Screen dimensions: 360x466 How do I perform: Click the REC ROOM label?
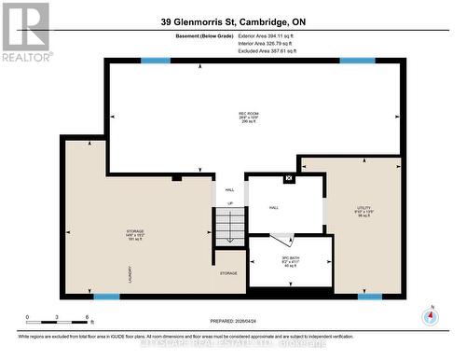tap(248, 117)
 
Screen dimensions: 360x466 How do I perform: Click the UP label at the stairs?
tap(230, 202)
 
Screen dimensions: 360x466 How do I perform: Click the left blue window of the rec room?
tap(156, 62)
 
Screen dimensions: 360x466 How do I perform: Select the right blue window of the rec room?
tap(357, 62)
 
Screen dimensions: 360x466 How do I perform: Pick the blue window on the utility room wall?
tap(370, 298)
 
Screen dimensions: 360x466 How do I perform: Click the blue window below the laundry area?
tap(106, 298)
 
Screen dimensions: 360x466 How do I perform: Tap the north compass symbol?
tap(430, 315)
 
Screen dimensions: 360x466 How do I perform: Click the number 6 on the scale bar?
tap(87, 318)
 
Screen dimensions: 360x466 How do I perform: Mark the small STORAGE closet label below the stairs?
tap(228, 273)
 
